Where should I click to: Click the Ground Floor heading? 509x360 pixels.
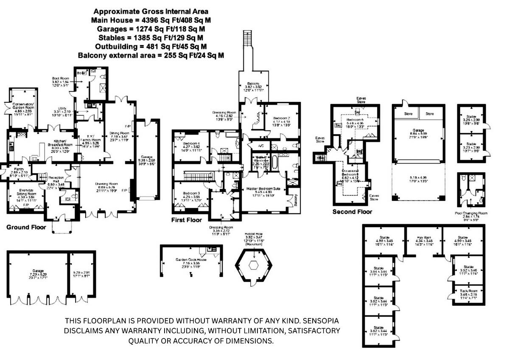26,228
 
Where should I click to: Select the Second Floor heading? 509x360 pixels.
352,212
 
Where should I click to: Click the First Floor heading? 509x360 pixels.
187,220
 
